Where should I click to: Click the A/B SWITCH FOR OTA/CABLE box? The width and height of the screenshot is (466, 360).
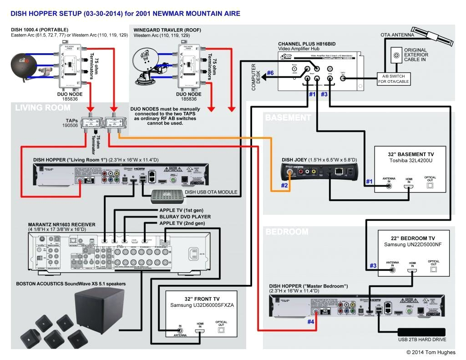pos(393,79)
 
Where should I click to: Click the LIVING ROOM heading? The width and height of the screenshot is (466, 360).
pos(43,108)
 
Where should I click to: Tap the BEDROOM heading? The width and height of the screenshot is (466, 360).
pos(287,232)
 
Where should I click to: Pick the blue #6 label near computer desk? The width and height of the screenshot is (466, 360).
pos(270,73)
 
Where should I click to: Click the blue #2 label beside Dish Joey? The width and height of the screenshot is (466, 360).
pos(284,185)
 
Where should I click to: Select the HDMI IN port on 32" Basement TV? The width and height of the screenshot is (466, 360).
pos(409,187)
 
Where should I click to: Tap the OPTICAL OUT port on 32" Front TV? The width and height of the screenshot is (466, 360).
pos(222,330)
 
